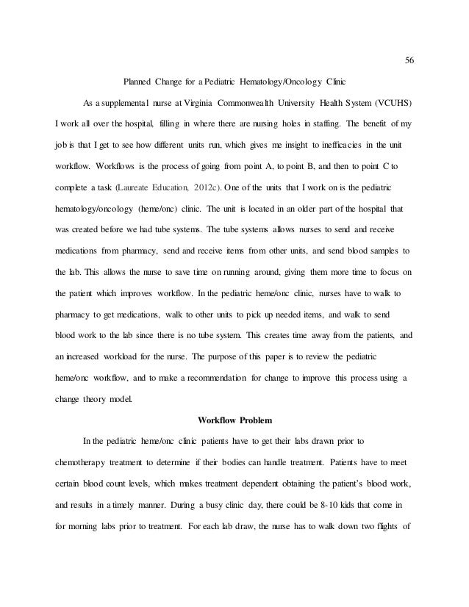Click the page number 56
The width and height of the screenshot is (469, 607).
point(410,61)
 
